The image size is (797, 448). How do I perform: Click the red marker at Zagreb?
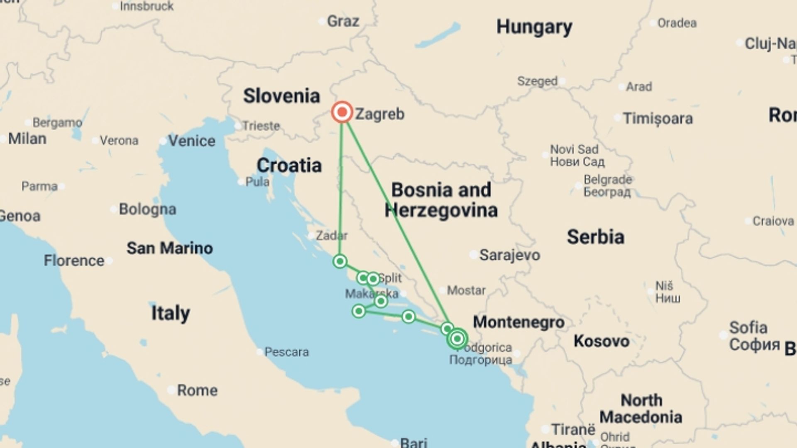(342, 112)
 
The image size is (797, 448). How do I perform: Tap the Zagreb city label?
(379, 114)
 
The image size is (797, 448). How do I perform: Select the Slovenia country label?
(281, 96)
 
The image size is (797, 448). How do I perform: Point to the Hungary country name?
(534, 27)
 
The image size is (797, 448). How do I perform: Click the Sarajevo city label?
(509, 255)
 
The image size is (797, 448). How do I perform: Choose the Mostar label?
(466, 290)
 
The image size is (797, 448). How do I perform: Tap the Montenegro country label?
(518, 322)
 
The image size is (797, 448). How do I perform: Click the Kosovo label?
(601, 341)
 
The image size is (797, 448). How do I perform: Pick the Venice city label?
(191, 141)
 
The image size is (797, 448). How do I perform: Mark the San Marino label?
(169, 248)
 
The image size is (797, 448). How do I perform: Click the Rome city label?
(197, 390)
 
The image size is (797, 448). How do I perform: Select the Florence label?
(74, 261)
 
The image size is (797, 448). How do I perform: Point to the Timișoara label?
(658, 119)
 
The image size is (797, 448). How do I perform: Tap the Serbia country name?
(595, 237)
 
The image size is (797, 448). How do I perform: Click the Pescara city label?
(286, 352)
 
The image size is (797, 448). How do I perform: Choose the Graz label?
(342, 21)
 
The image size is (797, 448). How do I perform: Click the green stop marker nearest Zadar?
(340, 261)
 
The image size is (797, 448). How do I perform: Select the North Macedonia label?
(641, 409)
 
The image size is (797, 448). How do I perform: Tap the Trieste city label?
(261, 126)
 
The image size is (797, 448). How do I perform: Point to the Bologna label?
(147, 209)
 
